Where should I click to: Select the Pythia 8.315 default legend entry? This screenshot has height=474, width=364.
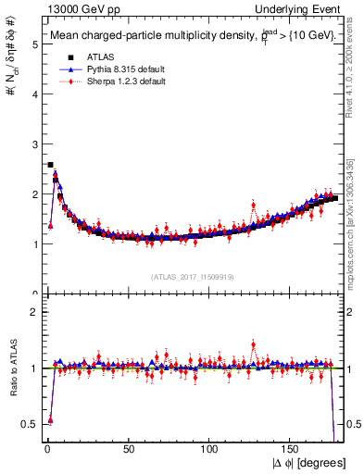click(114, 69)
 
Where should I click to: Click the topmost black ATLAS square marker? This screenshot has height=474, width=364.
click(50, 165)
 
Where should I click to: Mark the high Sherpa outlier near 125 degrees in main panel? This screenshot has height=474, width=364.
click(252, 206)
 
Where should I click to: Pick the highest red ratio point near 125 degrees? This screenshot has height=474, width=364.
click(252, 344)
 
